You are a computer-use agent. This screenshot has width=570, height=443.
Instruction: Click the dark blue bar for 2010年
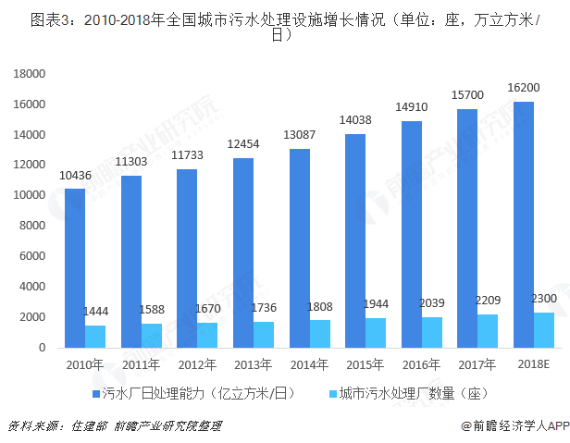[75, 268]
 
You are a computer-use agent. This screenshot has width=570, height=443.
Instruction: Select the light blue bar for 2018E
[545, 330]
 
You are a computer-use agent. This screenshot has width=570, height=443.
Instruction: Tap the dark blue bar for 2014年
[300, 248]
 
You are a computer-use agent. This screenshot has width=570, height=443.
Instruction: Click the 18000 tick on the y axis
[31, 74]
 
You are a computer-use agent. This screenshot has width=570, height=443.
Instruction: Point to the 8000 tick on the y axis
[33, 226]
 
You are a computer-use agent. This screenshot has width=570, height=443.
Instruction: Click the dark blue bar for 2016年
[412, 234]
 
